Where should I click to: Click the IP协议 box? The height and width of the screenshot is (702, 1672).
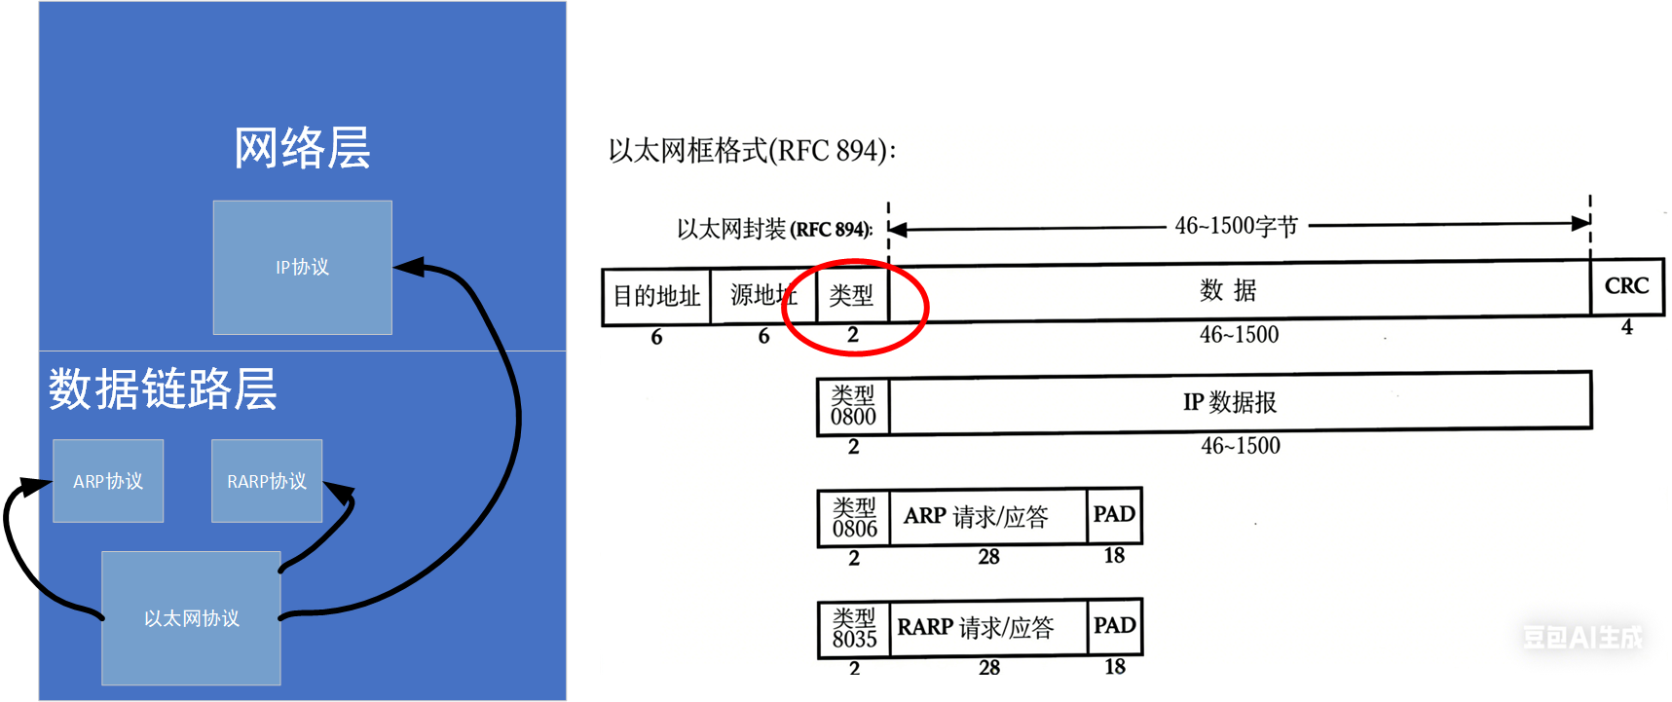click(302, 267)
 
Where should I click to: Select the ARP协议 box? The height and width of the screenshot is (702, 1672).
click(108, 481)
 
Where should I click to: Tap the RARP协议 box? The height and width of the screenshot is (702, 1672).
click(266, 481)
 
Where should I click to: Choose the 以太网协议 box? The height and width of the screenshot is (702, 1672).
click(191, 618)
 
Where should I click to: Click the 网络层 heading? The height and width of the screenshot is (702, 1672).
click(302, 148)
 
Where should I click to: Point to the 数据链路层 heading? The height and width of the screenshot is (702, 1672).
click(163, 388)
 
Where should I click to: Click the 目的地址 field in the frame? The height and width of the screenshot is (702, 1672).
click(656, 296)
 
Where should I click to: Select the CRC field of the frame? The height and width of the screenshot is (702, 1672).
click(1626, 286)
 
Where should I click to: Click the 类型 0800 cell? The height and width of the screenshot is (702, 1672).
click(853, 406)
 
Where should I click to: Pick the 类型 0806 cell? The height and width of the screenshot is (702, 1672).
click(854, 518)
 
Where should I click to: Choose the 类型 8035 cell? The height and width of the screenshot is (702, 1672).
click(854, 629)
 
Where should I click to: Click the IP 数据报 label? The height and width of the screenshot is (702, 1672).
click(1229, 402)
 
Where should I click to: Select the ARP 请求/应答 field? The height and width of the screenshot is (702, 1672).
click(976, 516)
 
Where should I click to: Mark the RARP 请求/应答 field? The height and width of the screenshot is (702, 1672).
click(976, 628)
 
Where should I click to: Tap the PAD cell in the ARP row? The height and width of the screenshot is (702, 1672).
click(1114, 514)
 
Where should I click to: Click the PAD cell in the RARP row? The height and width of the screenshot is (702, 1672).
click(1114, 625)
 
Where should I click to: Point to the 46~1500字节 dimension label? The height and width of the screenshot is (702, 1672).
click(1236, 226)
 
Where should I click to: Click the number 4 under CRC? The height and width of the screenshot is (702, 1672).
click(1626, 328)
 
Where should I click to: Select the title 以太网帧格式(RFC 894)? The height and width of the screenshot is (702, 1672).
click(751, 151)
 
